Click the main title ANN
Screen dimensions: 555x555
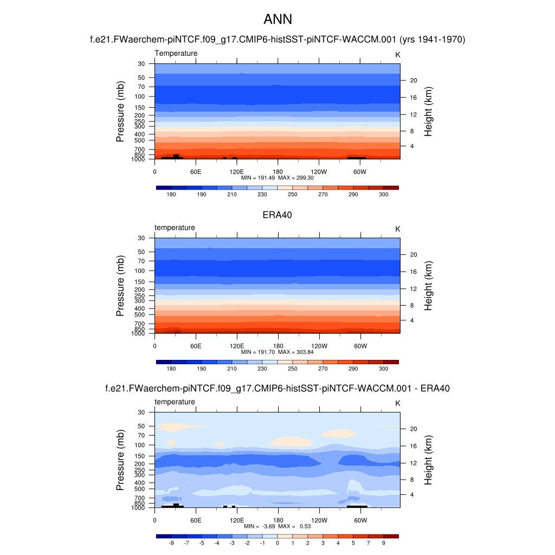[277, 20]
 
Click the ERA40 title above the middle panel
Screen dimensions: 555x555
[277, 215]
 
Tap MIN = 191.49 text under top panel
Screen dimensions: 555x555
[260, 177]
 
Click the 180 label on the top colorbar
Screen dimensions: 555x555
[171, 194]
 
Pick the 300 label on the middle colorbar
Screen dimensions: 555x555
[383, 369]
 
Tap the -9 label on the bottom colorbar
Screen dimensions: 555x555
[171, 543]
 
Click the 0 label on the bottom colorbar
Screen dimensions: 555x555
[277, 543]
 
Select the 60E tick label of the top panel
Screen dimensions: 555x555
[196, 171]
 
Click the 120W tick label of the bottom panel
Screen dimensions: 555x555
[319, 520]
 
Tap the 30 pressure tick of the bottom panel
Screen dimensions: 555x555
[141, 412]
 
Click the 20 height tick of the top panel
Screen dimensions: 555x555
[412, 80]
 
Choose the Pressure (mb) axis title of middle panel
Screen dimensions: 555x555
[120, 286]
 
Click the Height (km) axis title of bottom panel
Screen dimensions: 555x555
[428, 461]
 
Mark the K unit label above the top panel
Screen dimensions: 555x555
[397, 54]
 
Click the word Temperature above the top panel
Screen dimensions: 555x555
[176, 53]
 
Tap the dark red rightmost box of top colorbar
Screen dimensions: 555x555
[391, 188]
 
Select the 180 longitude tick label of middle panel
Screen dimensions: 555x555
[277, 346]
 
